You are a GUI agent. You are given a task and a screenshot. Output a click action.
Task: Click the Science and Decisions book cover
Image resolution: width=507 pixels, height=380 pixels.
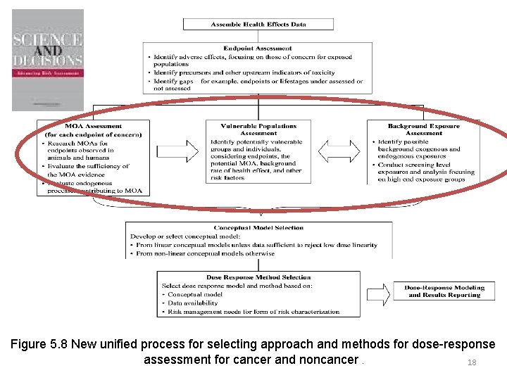(48, 60)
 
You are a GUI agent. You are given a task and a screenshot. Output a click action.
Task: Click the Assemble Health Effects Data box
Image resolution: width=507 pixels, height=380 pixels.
(258, 24)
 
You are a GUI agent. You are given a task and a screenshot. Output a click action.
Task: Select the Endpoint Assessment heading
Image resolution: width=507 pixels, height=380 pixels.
(258, 49)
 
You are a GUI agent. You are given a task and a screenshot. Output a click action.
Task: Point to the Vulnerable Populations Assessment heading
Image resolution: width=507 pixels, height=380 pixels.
(258, 129)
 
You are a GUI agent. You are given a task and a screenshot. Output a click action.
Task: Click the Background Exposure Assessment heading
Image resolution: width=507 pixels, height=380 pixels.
(424, 129)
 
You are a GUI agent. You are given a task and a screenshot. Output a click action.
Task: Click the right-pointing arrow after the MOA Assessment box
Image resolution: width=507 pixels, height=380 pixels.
(177, 151)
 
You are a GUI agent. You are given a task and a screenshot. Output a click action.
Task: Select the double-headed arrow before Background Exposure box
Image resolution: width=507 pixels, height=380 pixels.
(339, 151)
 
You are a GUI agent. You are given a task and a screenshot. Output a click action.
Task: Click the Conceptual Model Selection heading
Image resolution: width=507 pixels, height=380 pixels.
(258, 228)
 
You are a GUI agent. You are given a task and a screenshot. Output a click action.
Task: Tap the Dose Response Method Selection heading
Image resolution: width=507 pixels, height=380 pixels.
(258, 278)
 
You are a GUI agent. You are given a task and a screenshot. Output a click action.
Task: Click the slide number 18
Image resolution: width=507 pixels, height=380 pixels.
(472, 362)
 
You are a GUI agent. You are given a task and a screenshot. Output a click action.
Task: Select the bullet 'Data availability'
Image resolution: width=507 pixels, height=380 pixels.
(196, 303)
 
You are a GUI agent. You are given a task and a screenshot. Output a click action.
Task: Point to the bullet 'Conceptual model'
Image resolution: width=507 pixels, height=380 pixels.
(194, 295)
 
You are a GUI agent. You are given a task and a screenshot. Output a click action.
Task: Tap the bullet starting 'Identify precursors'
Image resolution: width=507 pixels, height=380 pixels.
(243, 73)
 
